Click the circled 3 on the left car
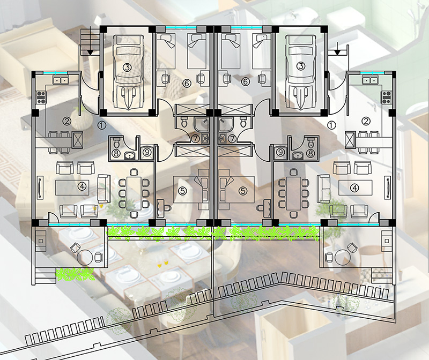pyautogui.click(x=127, y=67)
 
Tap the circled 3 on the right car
pyautogui.click(x=301, y=66)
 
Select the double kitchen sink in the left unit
pyautogui.click(x=61, y=80)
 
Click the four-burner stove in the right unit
pyautogui.click(x=387, y=97)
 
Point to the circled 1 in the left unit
pyautogui.click(x=102, y=125)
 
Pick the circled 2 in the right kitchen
pyautogui.click(x=366, y=121)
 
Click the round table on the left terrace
pyautogui.click(x=85, y=257)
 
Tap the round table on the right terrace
pyautogui.click(x=342, y=257)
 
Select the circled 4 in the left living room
pyautogui.click(x=82, y=187)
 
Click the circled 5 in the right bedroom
pyautogui.click(x=243, y=191)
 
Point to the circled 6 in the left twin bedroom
pyautogui.click(x=187, y=83)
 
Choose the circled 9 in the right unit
pyautogui.click(x=280, y=152)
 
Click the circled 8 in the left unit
pyautogui.click(x=116, y=153)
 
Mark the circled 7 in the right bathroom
pyautogui.click(x=232, y=139)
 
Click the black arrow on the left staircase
pyautogui.click(x=90, y=52)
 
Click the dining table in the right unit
pyautogui.click(x=293, y=193)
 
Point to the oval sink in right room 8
pyautogui.click(x=297, y=155)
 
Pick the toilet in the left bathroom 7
pyautogui.click(x=184, y=122)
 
